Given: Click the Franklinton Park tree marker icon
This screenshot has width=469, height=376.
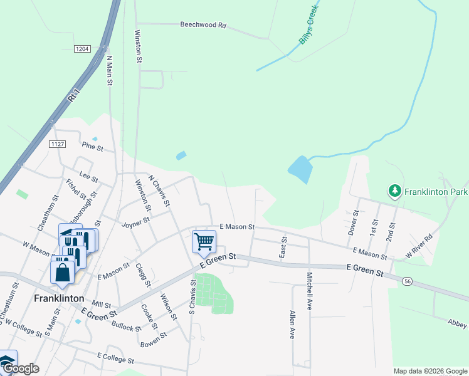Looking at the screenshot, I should point(394,191).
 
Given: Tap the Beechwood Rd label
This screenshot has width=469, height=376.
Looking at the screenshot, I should point(203,25).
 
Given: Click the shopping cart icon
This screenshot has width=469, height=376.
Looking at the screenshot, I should point(204,241).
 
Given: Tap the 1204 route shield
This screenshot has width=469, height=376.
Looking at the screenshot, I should point(82,49).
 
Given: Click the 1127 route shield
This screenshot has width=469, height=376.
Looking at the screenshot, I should point(58,144).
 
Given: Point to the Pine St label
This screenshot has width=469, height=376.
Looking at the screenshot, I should point(92,147).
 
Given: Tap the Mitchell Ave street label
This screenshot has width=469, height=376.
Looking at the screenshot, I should point(309,291).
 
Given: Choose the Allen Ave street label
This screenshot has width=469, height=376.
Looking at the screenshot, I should point(292,325).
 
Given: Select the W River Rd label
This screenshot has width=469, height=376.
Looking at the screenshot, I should point(419,246).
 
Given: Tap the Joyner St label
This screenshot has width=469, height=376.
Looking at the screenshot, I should point(136,221).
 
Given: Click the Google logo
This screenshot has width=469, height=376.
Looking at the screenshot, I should point(20,368).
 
